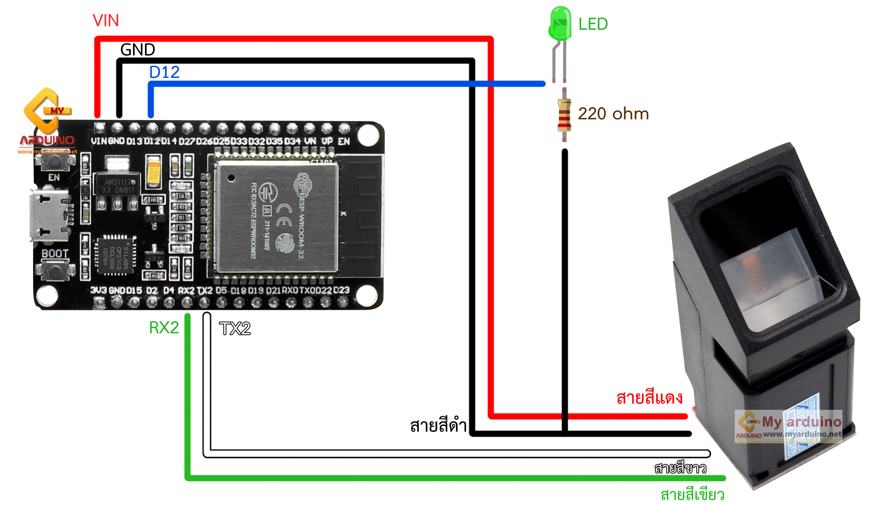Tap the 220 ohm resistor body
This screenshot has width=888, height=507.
tap(564, 115)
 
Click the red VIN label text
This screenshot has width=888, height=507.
tap(106, 21)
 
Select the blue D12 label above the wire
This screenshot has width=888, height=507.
tap(164, 72)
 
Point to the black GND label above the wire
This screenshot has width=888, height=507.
tap(138, 50)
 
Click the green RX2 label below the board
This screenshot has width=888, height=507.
tap(164, 328)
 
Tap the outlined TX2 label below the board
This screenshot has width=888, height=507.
tap(235, 328)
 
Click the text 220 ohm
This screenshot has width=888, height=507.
tap(613, 114)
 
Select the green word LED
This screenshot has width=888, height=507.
tap(593, 24)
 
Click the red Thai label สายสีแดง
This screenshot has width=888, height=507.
tap(649, 398)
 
